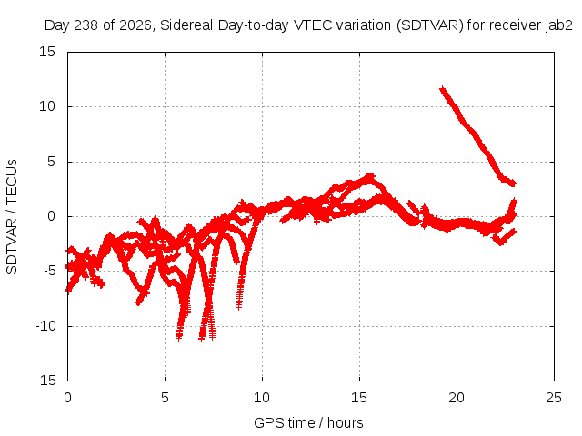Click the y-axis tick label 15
coord(47,52)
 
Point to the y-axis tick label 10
coord(47,106)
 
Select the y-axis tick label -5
coord(49,271)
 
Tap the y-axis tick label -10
coord(45,326)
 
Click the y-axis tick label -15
coord(45,381)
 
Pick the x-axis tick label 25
coord(554,398)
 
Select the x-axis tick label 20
coord(457,398)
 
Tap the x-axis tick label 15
coord(359,398)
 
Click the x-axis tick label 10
coord(262,398)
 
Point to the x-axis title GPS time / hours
coord(308,422)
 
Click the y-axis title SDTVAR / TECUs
coord(12,217)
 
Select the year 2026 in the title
coord(135,25)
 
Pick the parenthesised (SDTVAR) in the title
coord(430,25)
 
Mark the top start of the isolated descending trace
coord(442,89)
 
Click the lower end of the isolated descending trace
coord(514,183)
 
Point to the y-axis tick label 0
coord(52,216)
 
